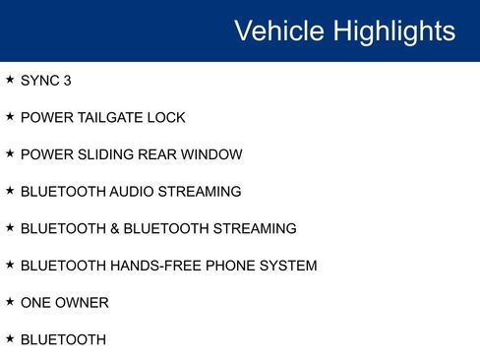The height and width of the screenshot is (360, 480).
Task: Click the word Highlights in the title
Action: tap(393, 30)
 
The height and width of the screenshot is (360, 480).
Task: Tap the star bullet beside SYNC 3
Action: tap(10, 80)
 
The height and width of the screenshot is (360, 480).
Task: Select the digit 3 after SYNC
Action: tap(67, 81)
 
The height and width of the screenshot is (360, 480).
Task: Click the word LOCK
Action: tap(168, 118)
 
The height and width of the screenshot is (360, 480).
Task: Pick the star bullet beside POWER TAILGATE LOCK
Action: tap(10, 117)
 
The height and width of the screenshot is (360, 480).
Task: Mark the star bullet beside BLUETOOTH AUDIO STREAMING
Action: tap(10, 191)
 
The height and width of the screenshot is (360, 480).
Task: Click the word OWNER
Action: tap(83, 303)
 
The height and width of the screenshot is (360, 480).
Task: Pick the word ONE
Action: tap(35, 303)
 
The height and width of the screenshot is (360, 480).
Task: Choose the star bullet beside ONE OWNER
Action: tap(10, 302)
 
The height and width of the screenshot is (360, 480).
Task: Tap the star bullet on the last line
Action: tap(10, 339)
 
